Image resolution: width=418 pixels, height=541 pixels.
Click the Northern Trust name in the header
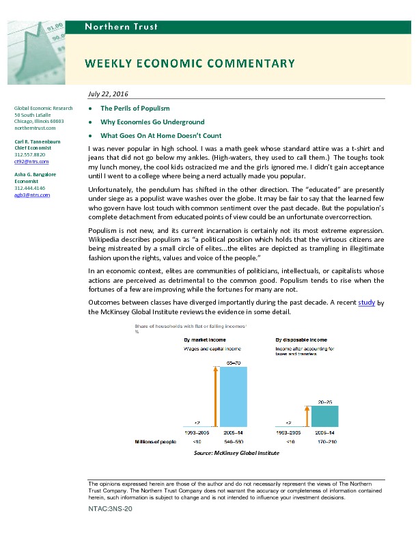coord(121,27)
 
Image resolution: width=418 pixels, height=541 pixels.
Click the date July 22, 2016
coord(109,94)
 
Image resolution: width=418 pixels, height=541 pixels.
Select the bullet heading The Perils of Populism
coord(135,109)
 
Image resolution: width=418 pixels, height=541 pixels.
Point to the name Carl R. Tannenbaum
coord(38,141)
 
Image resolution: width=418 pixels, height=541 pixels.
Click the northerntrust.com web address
coord(34,128)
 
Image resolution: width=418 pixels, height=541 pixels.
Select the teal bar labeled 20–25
coord(324,416)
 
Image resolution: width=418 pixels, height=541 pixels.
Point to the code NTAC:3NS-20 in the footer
coord(109,510)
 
